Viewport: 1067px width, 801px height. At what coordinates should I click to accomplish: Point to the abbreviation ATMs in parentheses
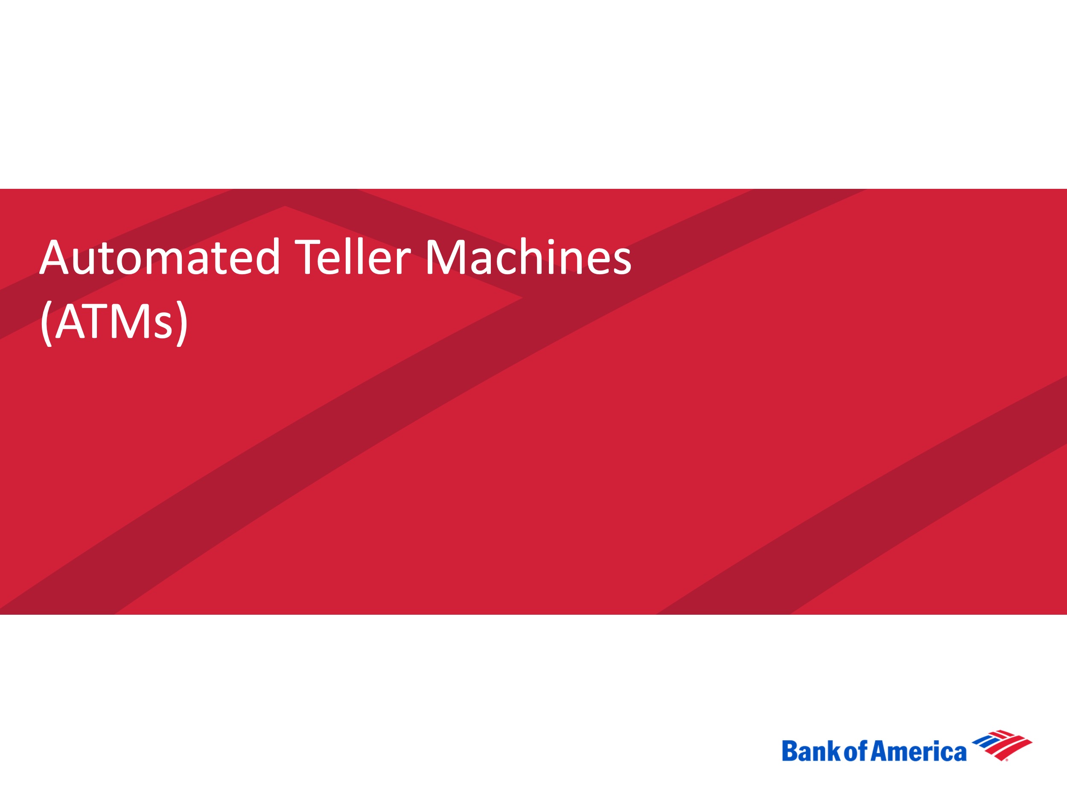[114, 321]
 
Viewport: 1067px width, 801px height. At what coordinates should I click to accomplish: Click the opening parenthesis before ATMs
[47, 323]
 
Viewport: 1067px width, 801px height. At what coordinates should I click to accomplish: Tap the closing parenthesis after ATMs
[181, 323]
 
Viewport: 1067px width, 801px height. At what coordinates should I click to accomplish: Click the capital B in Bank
[790, 751]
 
